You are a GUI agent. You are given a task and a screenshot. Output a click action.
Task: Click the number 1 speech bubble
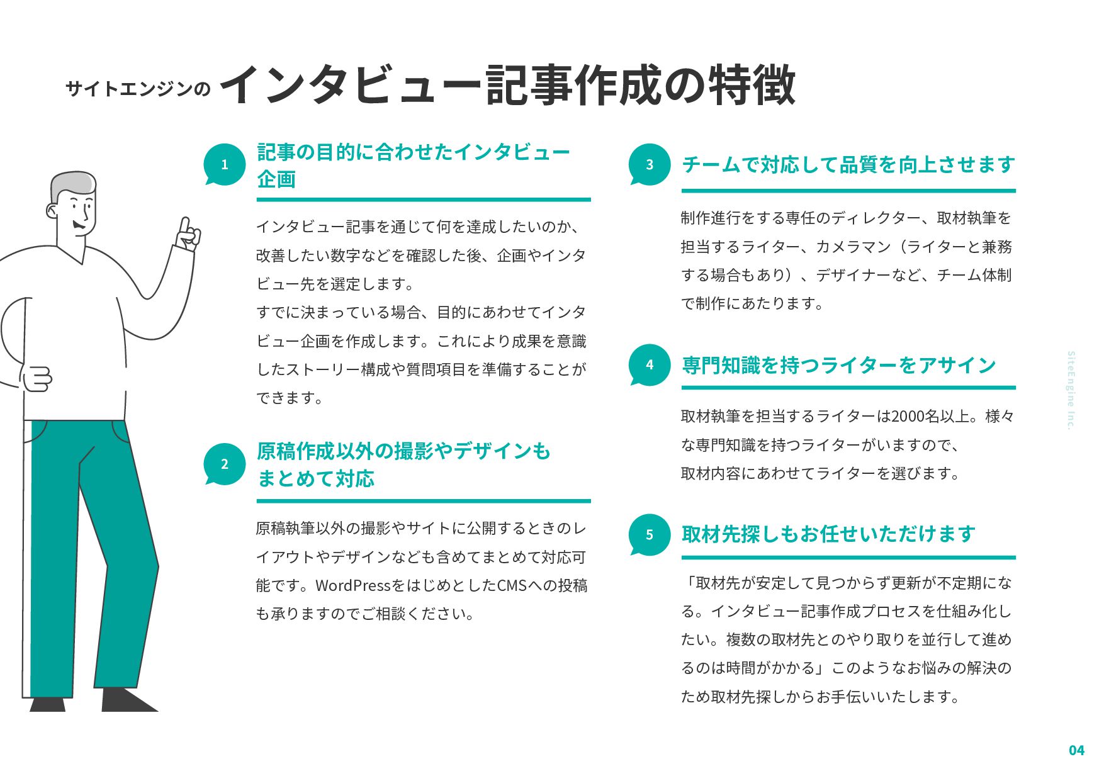(225, 165)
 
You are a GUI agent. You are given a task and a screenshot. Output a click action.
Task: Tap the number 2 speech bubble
(225, 464)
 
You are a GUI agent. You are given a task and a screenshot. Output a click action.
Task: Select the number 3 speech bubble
(650, 165)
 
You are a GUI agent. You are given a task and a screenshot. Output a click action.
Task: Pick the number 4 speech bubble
(650, 365)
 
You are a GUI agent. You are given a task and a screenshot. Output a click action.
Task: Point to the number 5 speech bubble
(650, 535)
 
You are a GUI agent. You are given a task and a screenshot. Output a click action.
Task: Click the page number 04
(1076, 750)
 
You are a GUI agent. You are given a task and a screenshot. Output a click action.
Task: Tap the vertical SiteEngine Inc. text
(1071, 390)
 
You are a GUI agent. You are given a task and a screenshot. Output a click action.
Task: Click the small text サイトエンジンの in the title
(138, 89)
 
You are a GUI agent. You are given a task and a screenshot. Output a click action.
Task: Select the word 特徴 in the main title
(752, 85)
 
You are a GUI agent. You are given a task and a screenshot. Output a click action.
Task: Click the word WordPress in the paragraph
(353, 585)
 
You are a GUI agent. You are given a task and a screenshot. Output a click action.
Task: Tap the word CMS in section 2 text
(512, 585)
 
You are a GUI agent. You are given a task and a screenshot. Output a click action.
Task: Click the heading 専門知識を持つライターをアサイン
(839, 365)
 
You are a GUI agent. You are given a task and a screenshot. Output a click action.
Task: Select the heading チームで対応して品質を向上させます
(848, 165)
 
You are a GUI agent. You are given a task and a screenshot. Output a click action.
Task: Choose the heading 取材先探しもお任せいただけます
(828, 534)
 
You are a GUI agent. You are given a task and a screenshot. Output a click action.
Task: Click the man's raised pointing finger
(184, 227)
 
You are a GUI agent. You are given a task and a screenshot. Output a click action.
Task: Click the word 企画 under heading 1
(276, 179)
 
